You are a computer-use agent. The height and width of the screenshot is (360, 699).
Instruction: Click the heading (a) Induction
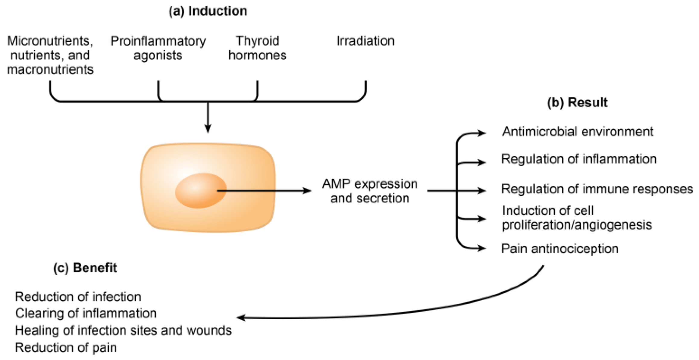pos(208,11)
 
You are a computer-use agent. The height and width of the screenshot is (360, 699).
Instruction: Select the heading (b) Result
pos(577,103)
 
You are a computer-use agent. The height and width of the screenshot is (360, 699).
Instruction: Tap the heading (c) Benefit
pos(85,268)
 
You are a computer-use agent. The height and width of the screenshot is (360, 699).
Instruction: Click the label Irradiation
pos(365,41)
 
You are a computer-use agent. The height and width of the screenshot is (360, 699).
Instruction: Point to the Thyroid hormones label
pos(257,48)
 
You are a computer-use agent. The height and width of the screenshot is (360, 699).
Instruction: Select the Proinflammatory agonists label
pos(158,48)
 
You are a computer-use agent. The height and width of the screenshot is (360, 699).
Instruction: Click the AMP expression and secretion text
pos(370,191)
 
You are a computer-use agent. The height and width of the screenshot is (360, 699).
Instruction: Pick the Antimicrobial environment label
pos(578,132)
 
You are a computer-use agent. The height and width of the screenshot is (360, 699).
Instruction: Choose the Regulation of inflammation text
pos(578,159)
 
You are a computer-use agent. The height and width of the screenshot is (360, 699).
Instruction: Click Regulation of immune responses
pos(597,189)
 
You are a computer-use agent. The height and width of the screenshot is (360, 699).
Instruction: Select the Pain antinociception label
pos(560,249)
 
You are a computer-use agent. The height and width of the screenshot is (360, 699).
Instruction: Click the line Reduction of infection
pos(78,297)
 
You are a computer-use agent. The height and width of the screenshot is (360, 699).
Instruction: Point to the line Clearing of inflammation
pos(86,314)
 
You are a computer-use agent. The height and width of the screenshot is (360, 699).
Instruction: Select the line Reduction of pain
pos(66,348)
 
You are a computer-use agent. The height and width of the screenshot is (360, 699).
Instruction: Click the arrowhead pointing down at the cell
pos(208,129)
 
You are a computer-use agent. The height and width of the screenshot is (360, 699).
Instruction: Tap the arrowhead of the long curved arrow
pos(240,318)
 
